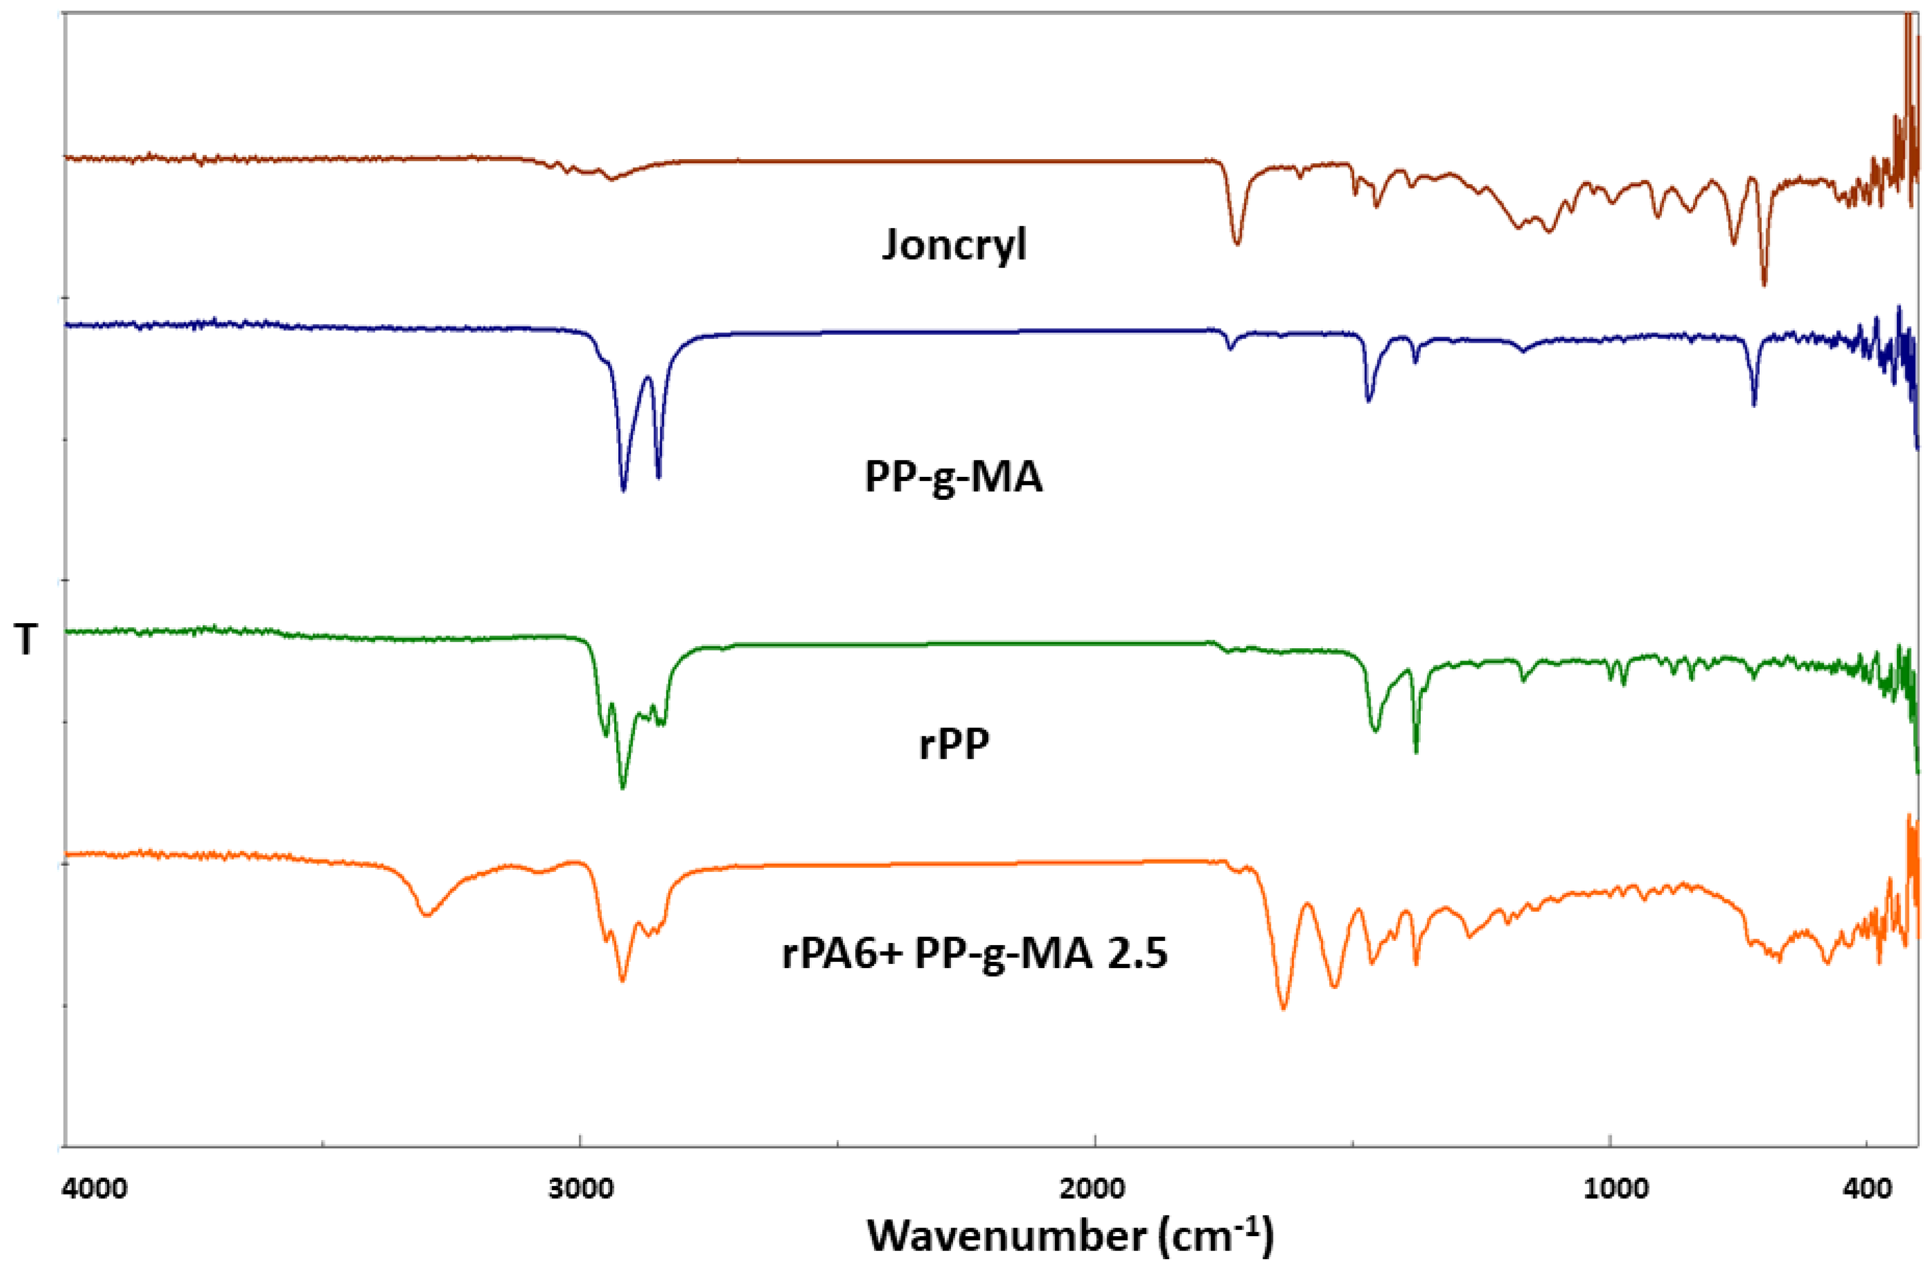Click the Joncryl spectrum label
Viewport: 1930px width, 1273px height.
954,244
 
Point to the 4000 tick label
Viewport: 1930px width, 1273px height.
96,1190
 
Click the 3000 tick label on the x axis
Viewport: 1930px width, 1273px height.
580,1190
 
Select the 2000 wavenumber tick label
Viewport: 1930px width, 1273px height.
1095,1190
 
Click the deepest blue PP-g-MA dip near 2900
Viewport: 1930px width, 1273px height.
623,490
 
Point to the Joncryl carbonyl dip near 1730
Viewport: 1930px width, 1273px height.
1237,242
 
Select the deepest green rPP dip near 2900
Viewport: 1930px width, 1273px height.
623,787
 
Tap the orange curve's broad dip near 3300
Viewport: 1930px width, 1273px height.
425,915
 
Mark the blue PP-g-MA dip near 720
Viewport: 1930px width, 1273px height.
1754,404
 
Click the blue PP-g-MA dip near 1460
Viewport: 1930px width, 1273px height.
1369,400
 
